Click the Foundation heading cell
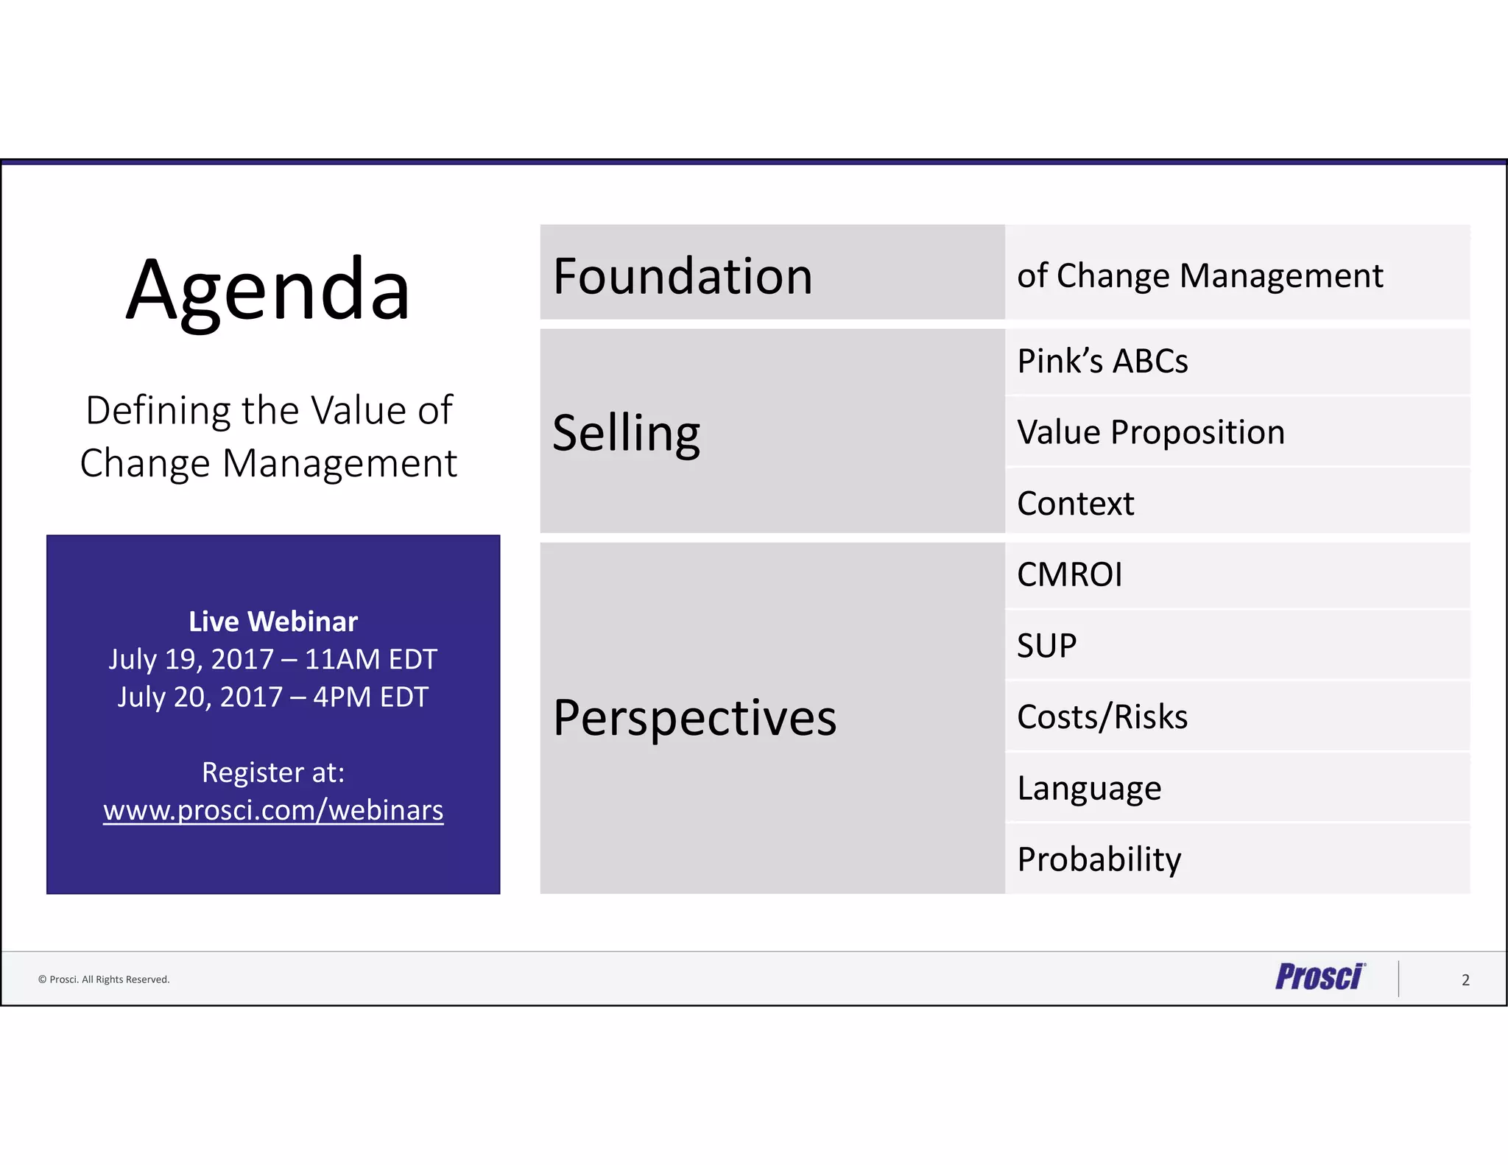[x=683, y=276]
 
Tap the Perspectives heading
[x=694, y=718]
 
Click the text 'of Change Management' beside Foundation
[x=1199, y=276]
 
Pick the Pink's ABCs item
[x=1102, y=362]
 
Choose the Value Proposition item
[x=1150, y=432]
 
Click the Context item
[x=1075, y=504]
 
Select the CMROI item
[x=1069, y=574]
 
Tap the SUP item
[x=1046, y=646]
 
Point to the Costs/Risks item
[x=1102, y=717]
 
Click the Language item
[x=1089, y=789]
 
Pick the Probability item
[x=1099, y=859]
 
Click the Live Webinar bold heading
[x=273, y=622]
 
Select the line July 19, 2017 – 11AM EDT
[x=273, y=659]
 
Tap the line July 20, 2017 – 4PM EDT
[x=273, y=697]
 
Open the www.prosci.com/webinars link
[x=273, y=810]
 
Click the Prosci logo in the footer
[x=1319, y=977]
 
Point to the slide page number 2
[x=1465, y=980]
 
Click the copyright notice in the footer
[x=104, y=979]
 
